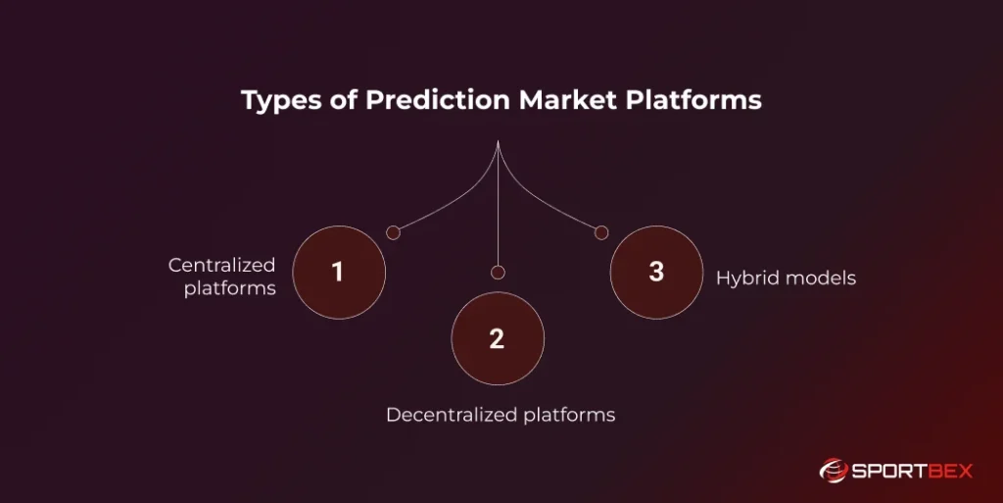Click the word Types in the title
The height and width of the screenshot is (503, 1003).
point(275,101)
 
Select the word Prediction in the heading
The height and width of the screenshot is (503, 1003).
point(411,101)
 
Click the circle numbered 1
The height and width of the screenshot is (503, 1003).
point(339,273)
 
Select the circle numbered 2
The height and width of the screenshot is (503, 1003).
point(497,339)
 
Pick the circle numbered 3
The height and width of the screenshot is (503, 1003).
point(655,272)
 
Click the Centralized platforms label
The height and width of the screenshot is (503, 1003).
point(222,277)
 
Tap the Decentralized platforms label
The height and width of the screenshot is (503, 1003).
point(501,415)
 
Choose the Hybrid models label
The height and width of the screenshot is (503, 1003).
point(786,278)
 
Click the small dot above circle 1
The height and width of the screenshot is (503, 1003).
point(393,232)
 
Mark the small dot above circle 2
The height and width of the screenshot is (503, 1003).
point(498,272)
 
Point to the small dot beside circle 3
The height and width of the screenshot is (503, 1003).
point(601,232)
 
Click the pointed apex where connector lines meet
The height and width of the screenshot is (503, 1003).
point(499,142)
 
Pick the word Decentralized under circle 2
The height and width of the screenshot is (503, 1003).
point(451,415)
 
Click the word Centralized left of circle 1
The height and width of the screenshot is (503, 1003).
point(222,265)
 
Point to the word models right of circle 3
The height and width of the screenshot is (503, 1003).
point(822,278)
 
